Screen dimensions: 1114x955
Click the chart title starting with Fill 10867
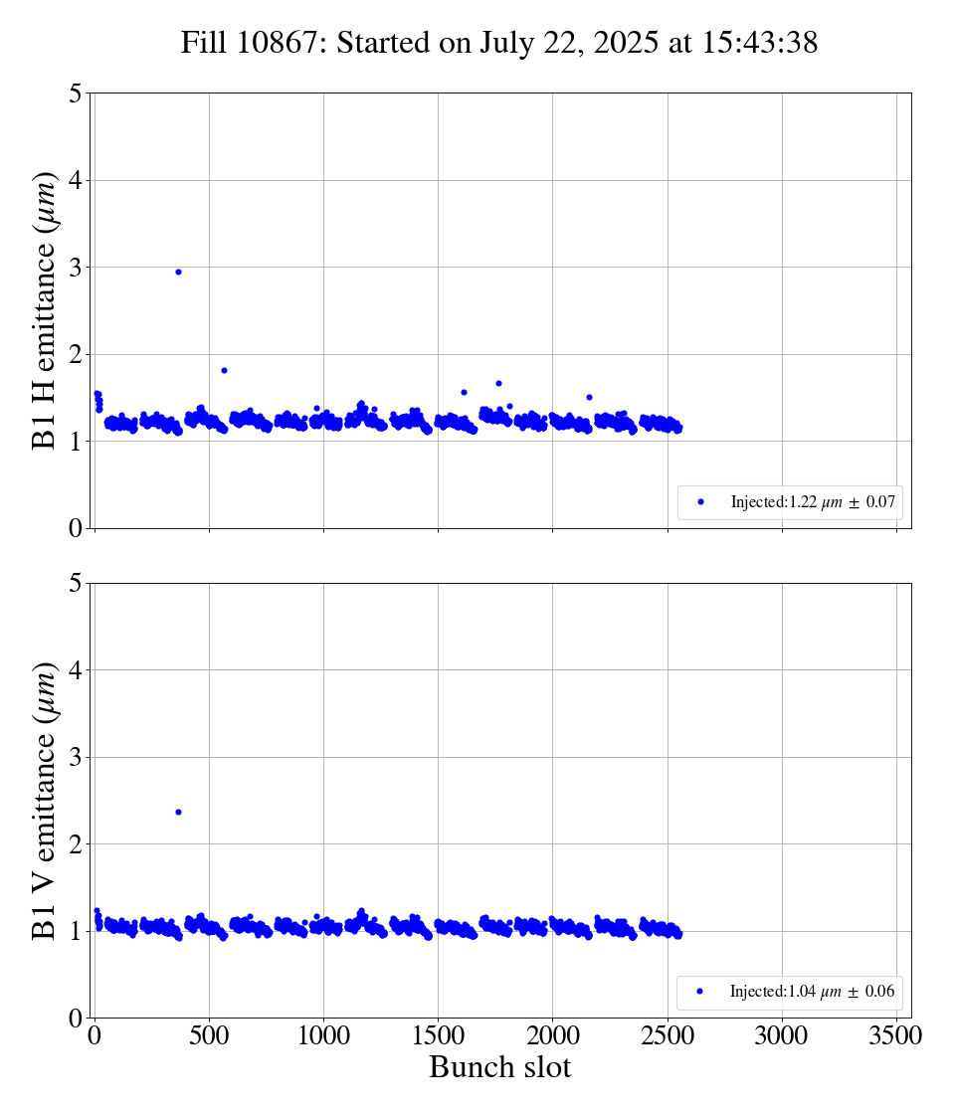pyautogui.click(x=499, y=43)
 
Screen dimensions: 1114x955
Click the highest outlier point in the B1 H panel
pyautogui.click(x=178, y=272)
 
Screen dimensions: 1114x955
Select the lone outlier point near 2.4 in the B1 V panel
pyautogui.click(x=178, y=812)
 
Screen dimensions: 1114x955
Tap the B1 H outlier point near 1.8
pyautogui.click(x=224, y=370)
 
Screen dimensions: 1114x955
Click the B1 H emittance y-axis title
pyautogui.click(x=45, y=310)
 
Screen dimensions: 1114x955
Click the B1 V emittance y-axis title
pyautogui.click(x=45, y=800)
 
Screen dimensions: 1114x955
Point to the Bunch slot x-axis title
pyautogui.click(x=499, y=1068)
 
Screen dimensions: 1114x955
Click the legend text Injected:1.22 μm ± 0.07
pyautogui.click(x=816, y=502)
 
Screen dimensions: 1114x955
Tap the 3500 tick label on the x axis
pyautogui.click(x=896, y=1036)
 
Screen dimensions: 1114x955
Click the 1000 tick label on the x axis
pyautogui.click(x=323, y=1036)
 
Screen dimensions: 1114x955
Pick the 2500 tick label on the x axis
pyautogui.click(x=668, y=1036)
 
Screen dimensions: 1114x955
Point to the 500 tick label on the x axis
pyautogui.click(x=209, y=1036)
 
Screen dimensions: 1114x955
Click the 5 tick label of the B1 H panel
pyautogui.click(x=76, y=94)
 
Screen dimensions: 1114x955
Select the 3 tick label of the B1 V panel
pyautogui.click(x=76, y=758)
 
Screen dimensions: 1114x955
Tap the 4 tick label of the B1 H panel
pyautogui.click(x=76, y=181)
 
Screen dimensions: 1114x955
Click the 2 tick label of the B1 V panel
pyautogui.click(x=76, y=844)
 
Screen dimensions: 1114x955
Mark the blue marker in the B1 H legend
pyautogui.click(x=700, y=502)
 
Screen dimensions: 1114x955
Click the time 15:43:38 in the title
pyautogui.click(x=758, y=43)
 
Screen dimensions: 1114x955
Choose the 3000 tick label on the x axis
pyautogui.click(x=782, y=1036)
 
